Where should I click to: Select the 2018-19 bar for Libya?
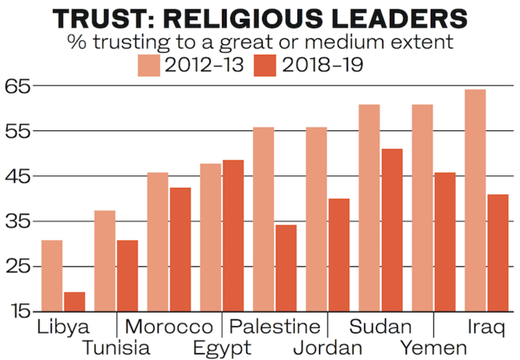point(75,302)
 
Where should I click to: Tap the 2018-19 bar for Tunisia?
point(127,275)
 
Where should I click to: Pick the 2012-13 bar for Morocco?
point(158,242)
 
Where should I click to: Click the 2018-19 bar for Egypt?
point(233,236)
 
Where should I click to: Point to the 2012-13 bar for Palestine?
point(264,219)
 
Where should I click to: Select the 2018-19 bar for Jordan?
point(339,255)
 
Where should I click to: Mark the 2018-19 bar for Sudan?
point(392,230)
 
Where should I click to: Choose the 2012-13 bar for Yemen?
point(422,208)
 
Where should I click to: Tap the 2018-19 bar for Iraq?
point(497,253)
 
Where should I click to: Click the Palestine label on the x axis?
point(275,326)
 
